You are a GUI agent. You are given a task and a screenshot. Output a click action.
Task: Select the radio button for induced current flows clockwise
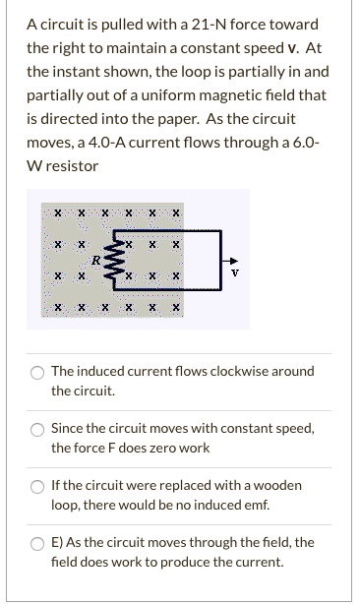click(x=36, y=372)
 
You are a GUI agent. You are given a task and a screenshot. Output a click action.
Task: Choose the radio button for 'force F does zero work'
click(x=36, y=429)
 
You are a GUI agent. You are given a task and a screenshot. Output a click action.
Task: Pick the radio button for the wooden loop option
click(x=36, y=486)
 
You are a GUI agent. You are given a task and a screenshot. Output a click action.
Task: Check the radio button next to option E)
click(x=36, y=543)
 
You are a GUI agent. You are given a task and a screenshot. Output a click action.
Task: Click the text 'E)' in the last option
click(x=58, y=543)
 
